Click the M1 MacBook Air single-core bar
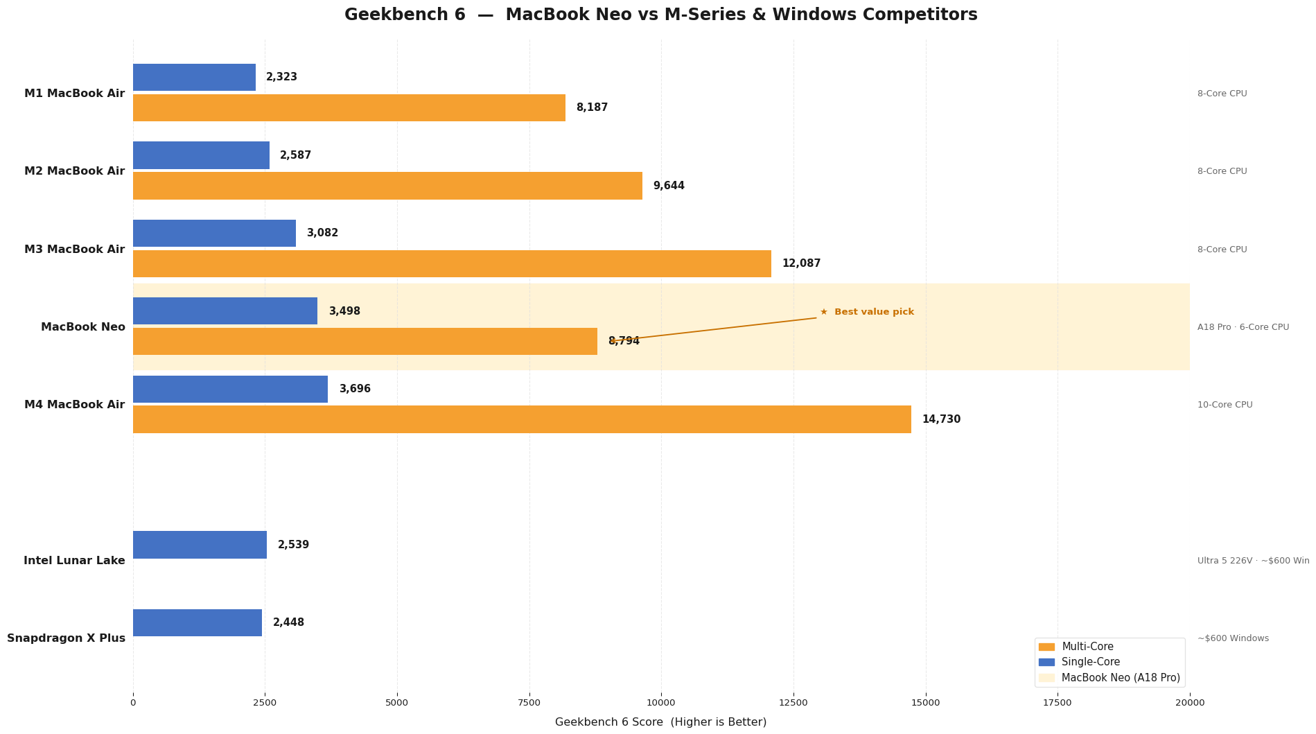point(194,78)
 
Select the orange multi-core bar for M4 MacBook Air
point(522,419)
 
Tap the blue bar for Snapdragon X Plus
point(198,622)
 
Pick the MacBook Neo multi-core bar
point(365,342)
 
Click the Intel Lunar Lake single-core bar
point(200,545)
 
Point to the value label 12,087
point(801,264)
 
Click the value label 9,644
point(669,186)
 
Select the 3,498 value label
point(344,312)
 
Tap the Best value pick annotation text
point(873,313)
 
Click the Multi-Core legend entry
point(1087,647)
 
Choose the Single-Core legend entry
point(1090,662)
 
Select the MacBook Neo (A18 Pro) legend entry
point(1120,678)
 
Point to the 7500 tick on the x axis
point(529,703)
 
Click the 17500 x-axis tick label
point(1058,703)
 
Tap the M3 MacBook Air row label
point(75,250)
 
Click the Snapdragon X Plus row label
point(67,638)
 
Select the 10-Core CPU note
point(1225,405)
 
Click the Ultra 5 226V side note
point(1253,561)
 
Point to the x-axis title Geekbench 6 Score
point(660,722)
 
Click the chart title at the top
point(660,15)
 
